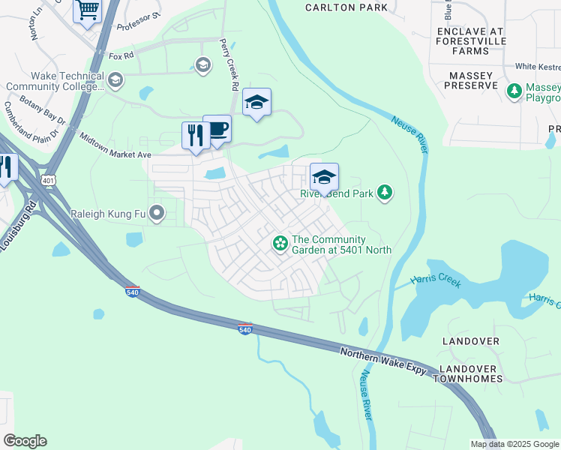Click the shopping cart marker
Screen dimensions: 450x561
(88, 11)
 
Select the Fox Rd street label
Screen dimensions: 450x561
(121, 55)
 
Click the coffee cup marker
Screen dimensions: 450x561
(217, 130)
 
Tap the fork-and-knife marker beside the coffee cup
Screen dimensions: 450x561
(195, 136)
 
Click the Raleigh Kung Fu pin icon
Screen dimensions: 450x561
(157, 214)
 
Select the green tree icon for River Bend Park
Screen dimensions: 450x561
(385, 193)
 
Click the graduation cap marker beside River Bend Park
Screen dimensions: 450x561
(324, 178)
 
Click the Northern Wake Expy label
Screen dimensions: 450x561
(383, 361)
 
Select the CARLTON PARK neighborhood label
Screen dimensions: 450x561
(346, 7)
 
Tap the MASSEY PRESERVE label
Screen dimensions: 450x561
(473, 81)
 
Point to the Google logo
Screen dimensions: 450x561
(25, 441)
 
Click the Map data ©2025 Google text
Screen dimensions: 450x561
(514, 444)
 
